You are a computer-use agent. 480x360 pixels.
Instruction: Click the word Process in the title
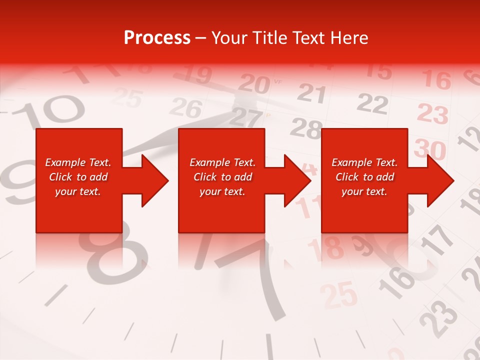tap(157, 38)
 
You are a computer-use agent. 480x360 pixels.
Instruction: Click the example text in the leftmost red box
tap(78, 177)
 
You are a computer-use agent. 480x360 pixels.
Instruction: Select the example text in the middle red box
tap(222, 177)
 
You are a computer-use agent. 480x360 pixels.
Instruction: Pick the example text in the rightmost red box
tap(364, 177)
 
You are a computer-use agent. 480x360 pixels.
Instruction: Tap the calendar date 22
tap(372, 104)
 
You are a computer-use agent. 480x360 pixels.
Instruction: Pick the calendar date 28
tap(305, 129)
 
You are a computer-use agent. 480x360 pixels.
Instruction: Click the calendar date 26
tap(186, 107)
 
